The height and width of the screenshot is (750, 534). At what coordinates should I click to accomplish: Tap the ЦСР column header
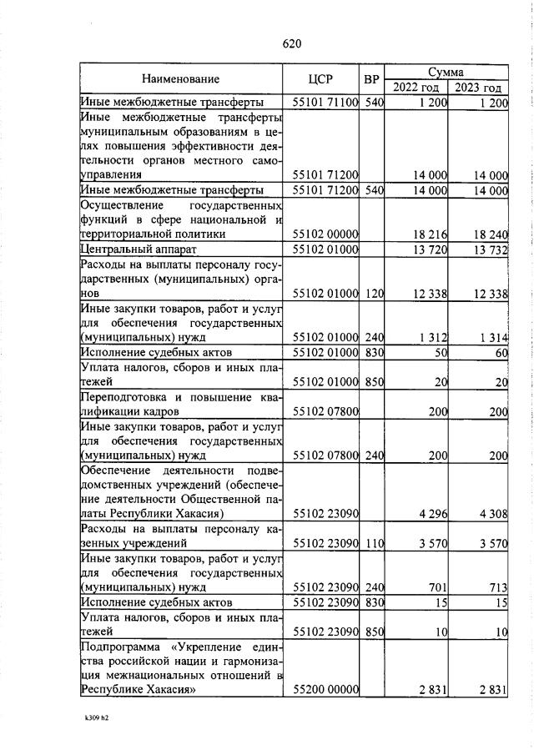(x=320, y=79)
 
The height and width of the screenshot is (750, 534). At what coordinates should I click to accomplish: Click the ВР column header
(x=372, y=79)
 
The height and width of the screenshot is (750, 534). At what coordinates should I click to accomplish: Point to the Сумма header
(x=446, y=73)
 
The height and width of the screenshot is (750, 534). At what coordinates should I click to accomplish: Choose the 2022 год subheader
(x=416, y=88)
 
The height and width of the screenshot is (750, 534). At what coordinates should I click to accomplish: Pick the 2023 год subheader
(x=478, y=88)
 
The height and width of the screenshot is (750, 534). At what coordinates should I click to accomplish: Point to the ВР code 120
(x=373, y=294)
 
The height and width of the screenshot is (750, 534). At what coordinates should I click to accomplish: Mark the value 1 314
(x=493, y=337)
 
